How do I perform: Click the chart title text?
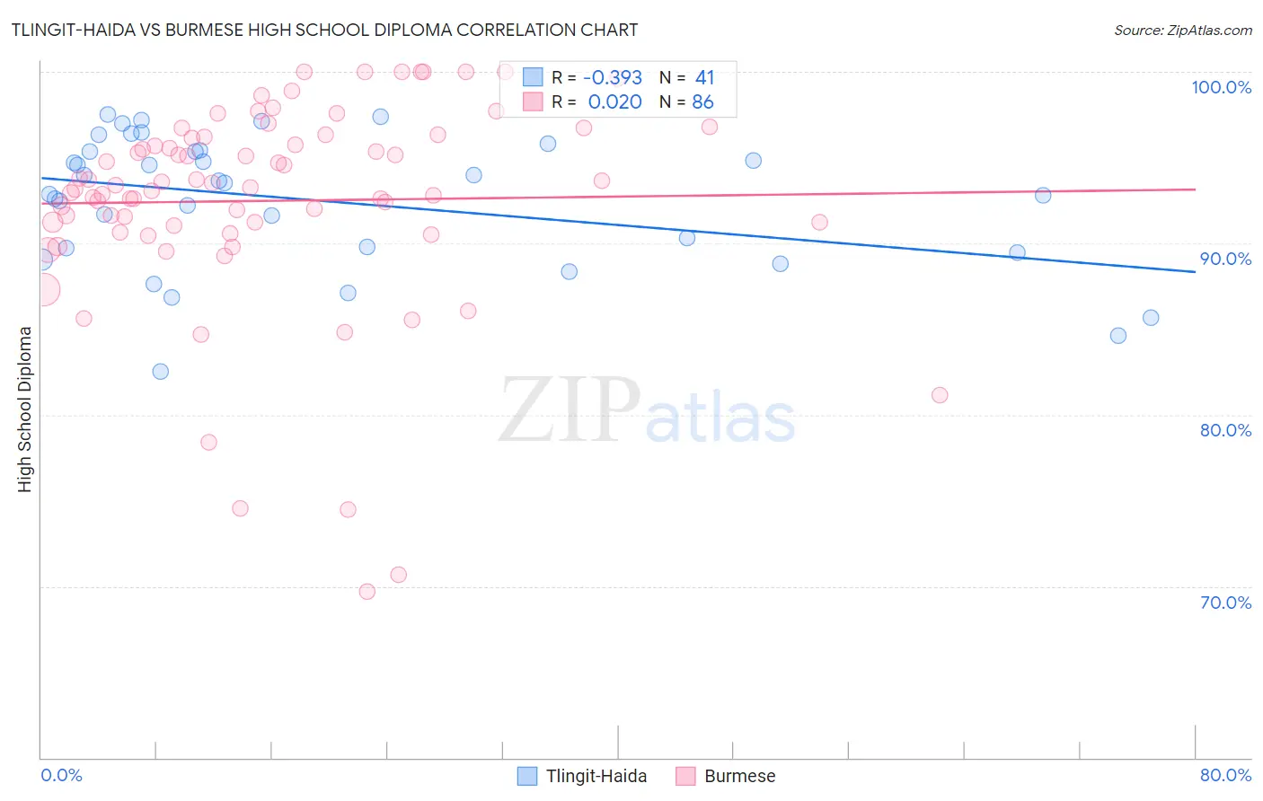[325, 30]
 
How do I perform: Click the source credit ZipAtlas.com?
[1182, 31]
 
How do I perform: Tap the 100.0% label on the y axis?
[1221, 87]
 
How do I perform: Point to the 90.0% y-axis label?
[1225, 259]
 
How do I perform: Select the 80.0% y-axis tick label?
[1225, 430]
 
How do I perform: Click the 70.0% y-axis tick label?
[1225, 603]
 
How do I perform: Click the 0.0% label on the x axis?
[61, 775]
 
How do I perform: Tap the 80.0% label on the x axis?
[1225, 775]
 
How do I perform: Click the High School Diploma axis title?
[25, 409]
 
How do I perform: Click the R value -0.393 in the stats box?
[612, 78]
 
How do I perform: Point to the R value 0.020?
[614, 102]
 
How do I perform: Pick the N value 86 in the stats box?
[702, 102]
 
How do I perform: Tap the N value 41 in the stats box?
[704, 78]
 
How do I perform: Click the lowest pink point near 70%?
[367, 592]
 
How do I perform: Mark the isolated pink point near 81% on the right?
[940, 395]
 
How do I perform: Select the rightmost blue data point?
[1151, 318]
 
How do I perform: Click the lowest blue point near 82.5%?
[161, 372]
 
